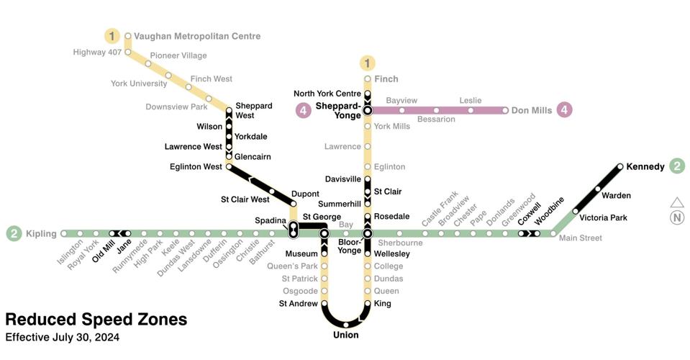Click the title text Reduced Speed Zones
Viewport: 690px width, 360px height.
(96, 320)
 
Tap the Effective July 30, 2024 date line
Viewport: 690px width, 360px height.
(62, 338)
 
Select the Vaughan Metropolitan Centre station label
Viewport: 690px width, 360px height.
(197, 36)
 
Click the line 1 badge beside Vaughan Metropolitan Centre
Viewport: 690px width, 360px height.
(112, 35)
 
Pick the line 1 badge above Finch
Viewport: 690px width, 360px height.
(368, 63)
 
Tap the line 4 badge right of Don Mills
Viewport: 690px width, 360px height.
(564, 110)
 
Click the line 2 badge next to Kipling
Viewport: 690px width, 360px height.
(14, 233)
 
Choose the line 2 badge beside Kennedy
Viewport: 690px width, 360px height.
(677, 166)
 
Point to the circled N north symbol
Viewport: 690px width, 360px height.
(677, 218)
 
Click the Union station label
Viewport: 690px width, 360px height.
(345, 335)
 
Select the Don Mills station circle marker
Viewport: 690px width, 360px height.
(505, 110)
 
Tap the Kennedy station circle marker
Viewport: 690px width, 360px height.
(620, 166)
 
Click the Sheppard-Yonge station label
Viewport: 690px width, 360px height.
(337, 110)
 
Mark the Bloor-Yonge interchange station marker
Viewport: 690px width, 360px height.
(368, 233)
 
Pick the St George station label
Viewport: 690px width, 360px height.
(322, 217)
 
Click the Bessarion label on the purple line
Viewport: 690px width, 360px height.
(436, 120)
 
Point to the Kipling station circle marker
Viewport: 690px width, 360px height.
(64, 233)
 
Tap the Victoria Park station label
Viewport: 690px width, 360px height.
(604, 217)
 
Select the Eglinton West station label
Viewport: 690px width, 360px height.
(196, 166)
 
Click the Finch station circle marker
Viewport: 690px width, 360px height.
(368, 79)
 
